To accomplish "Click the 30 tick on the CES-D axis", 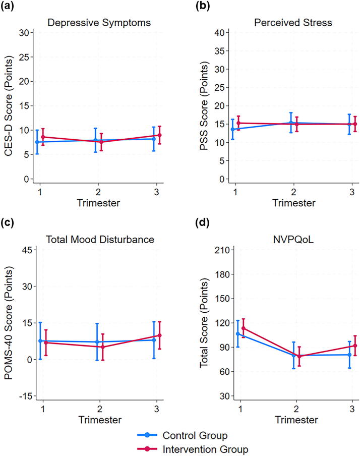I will [26, 32].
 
